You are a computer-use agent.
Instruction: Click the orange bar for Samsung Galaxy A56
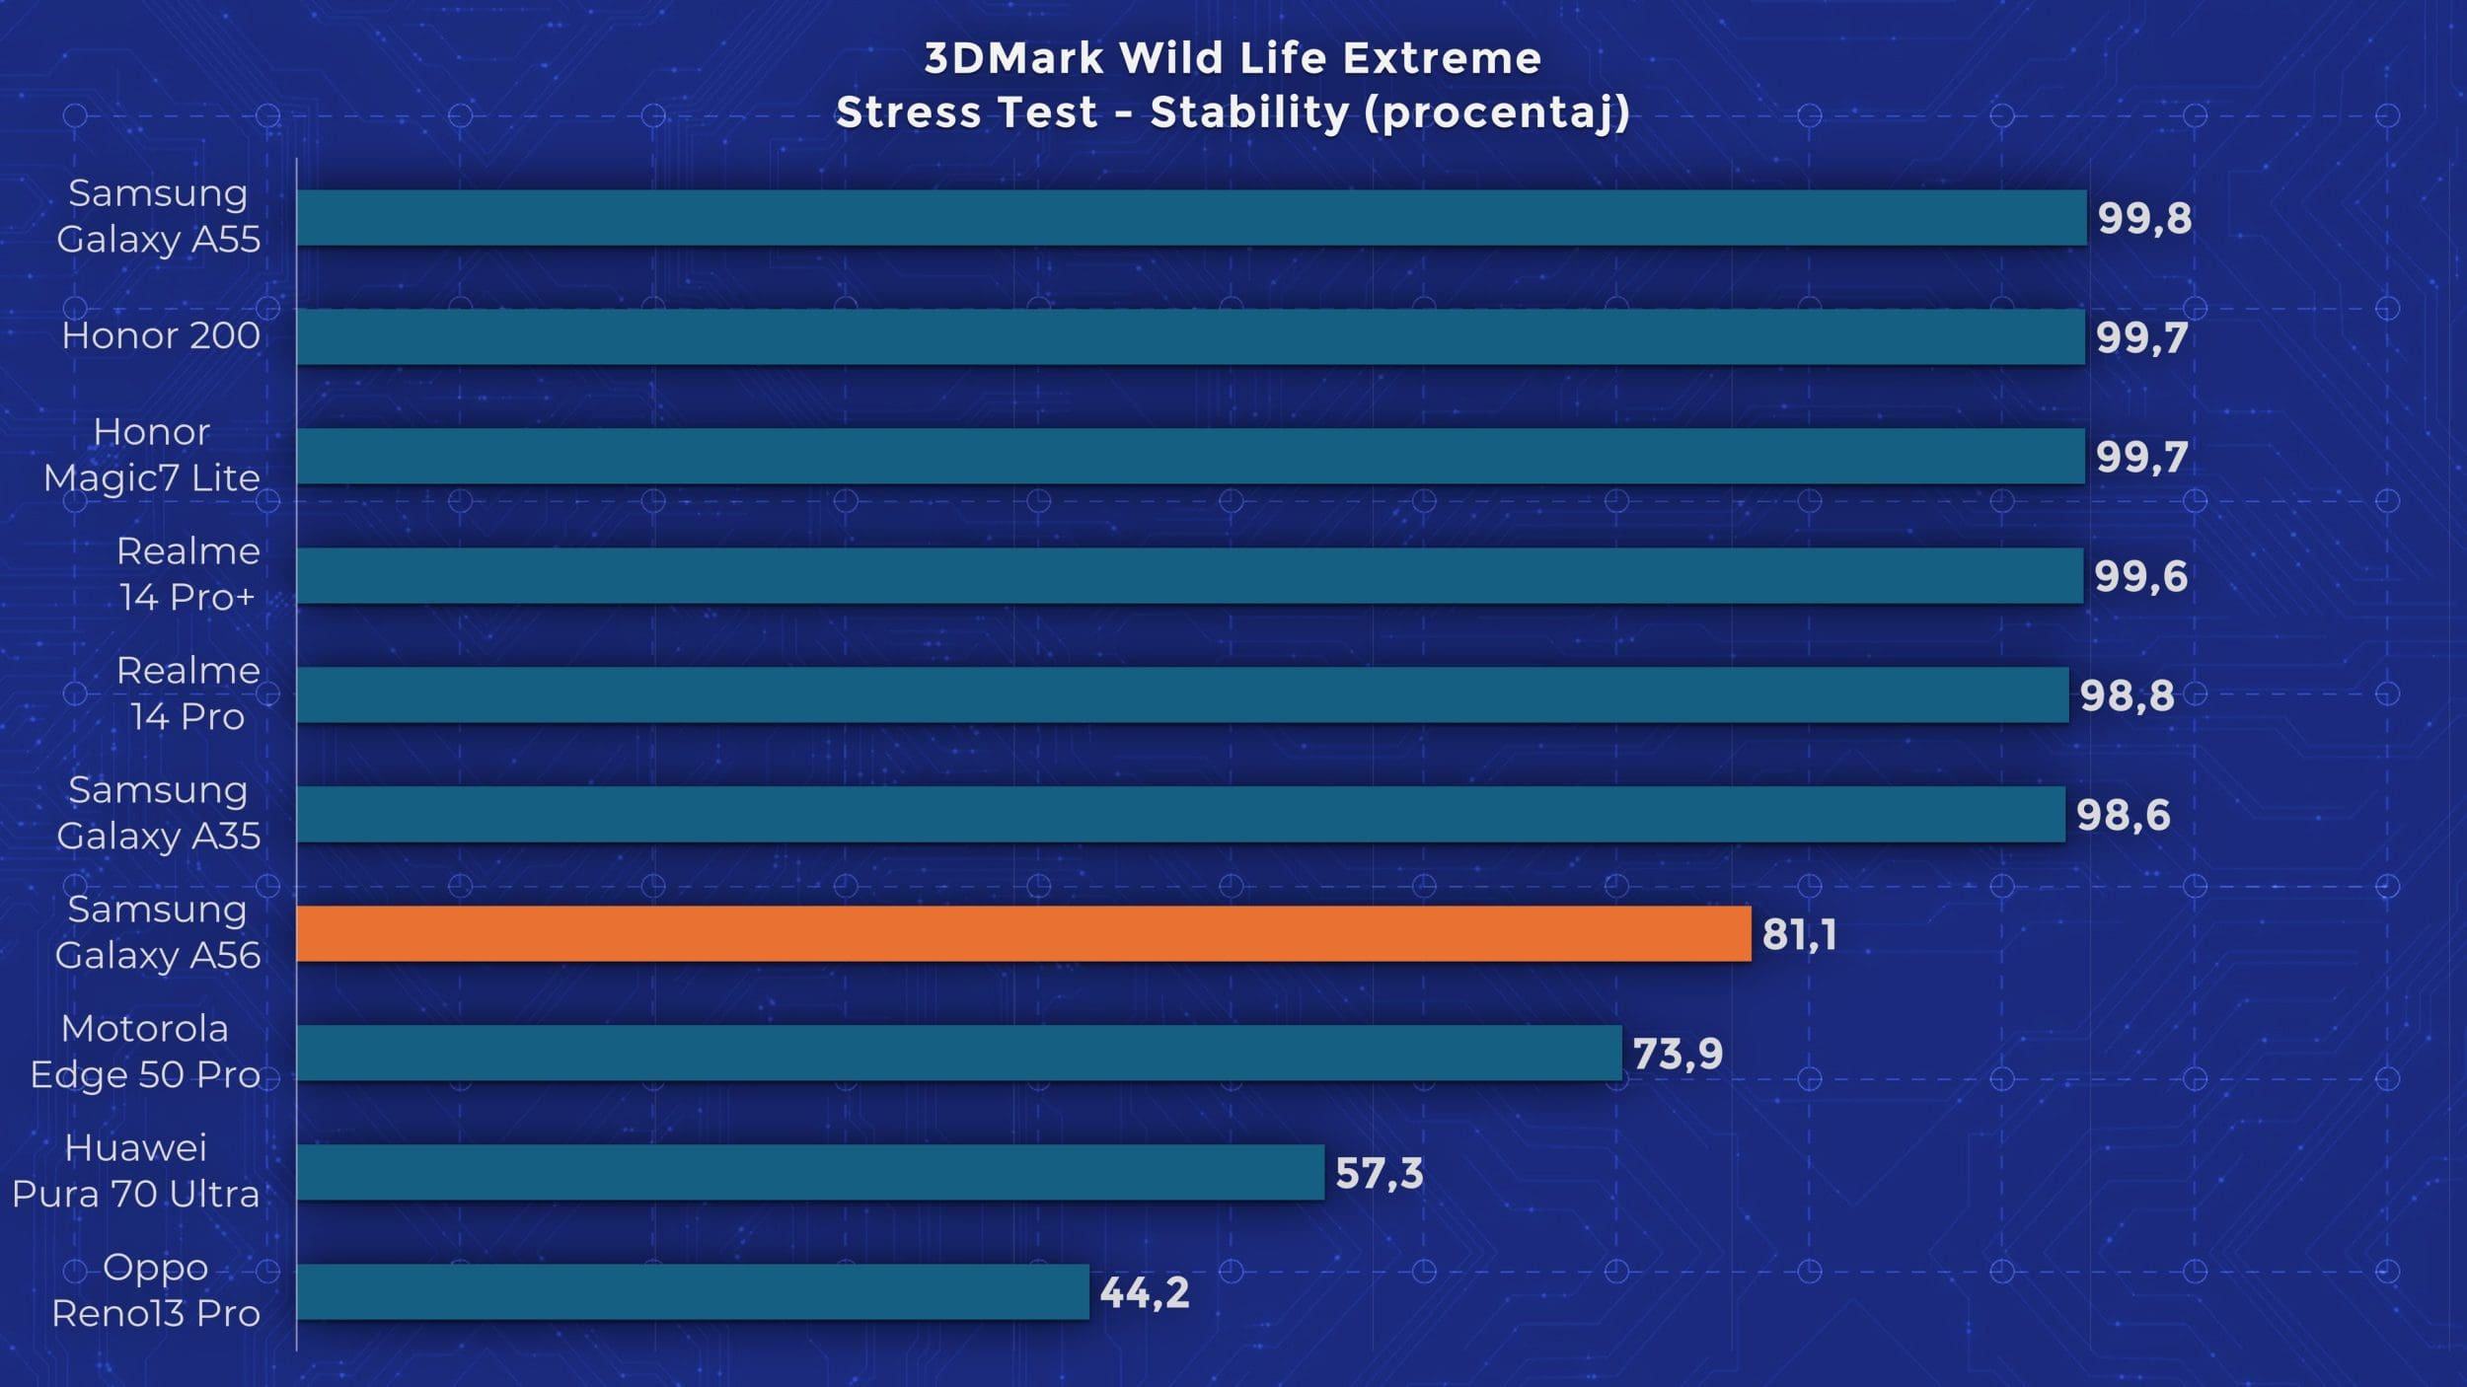coord(1023,933)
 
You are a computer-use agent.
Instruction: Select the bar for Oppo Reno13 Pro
coord(693,1291)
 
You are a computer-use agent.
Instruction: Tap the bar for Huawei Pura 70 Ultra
coord(810,1172)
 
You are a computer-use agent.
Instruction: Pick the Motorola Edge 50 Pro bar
coord(959,1053)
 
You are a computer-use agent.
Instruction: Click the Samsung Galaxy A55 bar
coord(1191,217)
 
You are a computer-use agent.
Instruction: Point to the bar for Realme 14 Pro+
coord(1190,575)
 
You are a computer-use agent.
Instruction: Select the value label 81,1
coord(1799,934)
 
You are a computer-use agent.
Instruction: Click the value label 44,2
coord(1145,1292)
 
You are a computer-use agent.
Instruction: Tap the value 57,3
coord(1380,1173)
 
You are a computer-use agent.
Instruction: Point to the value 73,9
coord(1678,1054)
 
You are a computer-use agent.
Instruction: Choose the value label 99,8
coord(2144,218)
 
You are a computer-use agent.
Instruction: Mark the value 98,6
coord(2123,815)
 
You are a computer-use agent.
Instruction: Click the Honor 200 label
coord(161,335)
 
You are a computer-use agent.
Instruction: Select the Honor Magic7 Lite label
coord(152,455)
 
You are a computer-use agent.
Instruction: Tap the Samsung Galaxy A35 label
coord(158,813)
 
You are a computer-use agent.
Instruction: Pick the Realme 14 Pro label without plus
coord(187,693)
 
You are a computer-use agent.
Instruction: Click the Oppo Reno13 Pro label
coord(156,1290)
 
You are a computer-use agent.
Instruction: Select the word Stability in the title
coord(1249,112)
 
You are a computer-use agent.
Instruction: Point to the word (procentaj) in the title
coord(1497,112)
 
